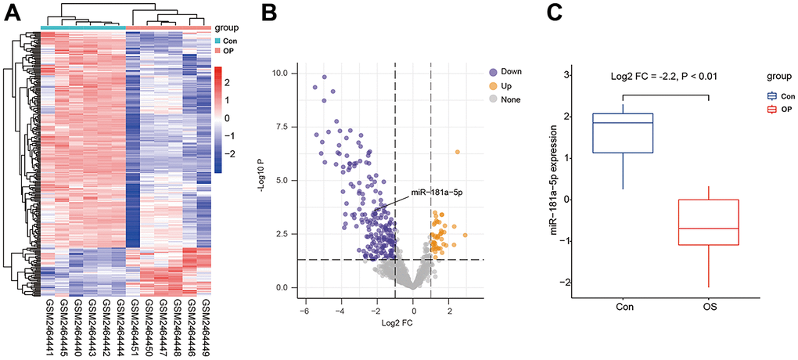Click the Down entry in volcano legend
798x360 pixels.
(513, 71)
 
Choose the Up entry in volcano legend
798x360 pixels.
(509, 85)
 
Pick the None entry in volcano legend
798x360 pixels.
(513, 99)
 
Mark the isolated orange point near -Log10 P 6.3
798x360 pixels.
(458, 152)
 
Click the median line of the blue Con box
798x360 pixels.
(624, 123)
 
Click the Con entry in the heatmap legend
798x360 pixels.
(230, 40)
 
